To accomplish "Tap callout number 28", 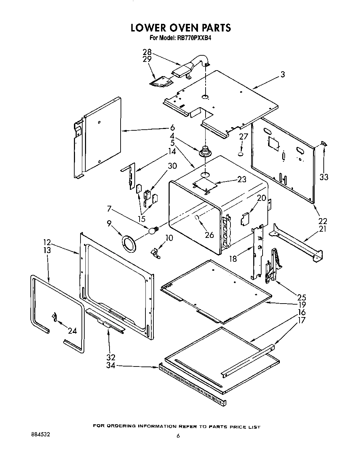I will coord(147,52).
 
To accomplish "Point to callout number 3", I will coord(282,74).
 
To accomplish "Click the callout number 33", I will coord(323,177).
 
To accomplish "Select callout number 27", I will coord(244,137).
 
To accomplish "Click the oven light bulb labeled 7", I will coord(153,231).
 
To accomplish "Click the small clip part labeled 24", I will coord(54,317).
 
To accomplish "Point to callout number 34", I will coord(111,365).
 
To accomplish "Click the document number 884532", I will coord(38,435).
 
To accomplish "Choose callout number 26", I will coord(209,235).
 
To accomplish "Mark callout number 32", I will coord(111,357).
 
